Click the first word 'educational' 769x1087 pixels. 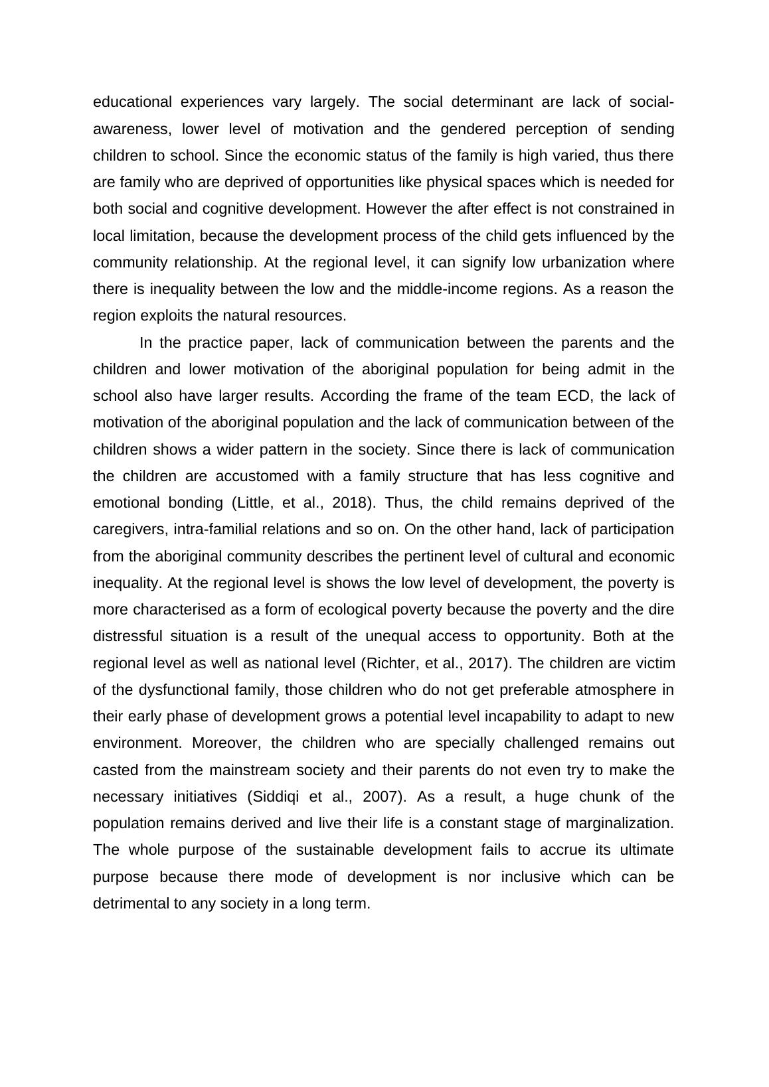click(x=132, y=102)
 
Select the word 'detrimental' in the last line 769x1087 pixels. click(x=131, y=904)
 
